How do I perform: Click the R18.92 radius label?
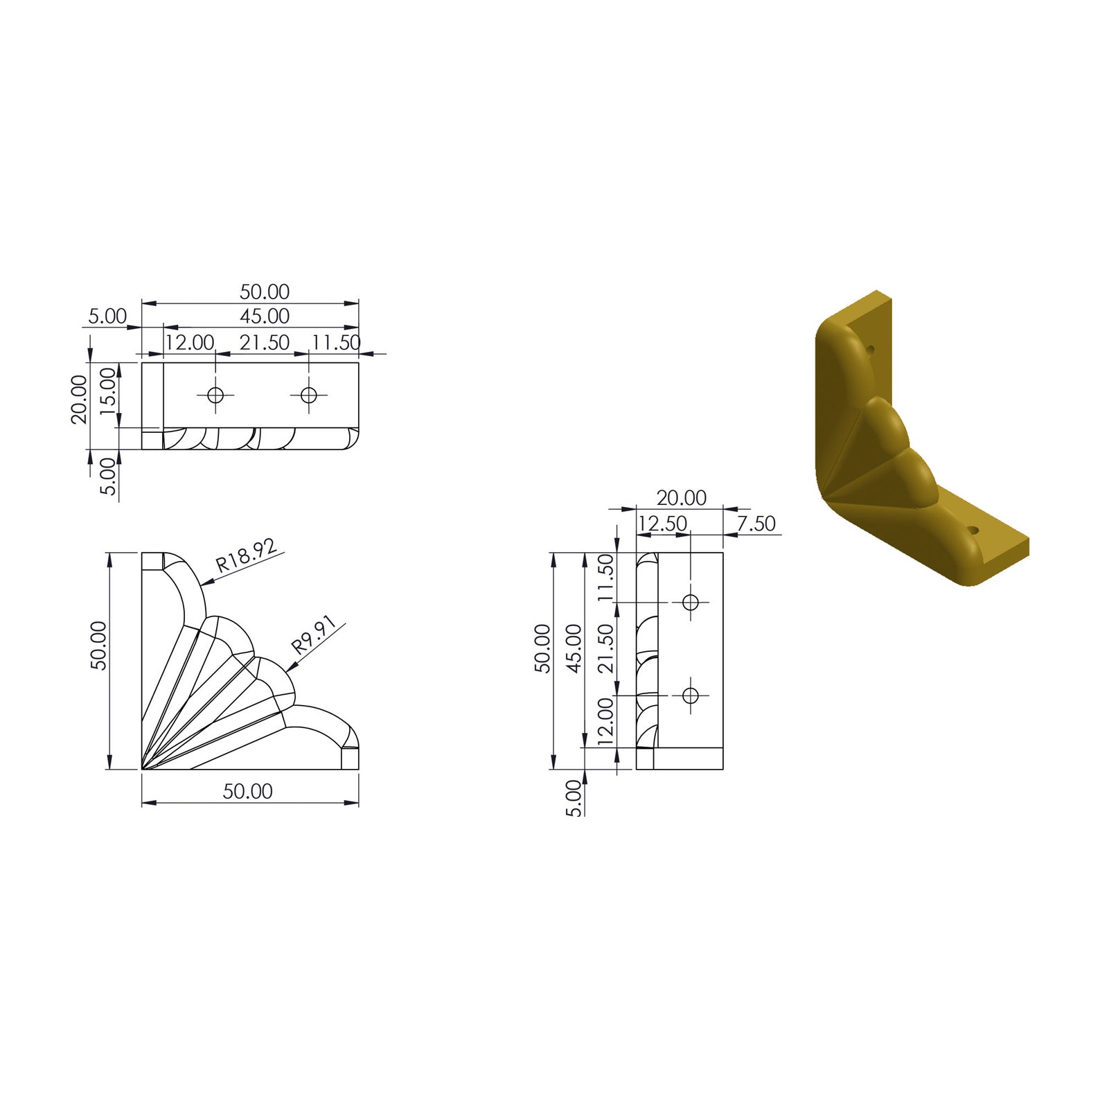247,555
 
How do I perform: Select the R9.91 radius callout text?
314,636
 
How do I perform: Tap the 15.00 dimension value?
108,391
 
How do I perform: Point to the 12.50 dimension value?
662,524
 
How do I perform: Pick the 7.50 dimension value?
756,524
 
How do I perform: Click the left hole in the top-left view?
215,396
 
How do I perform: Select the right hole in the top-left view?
308,396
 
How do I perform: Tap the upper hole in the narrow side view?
690,602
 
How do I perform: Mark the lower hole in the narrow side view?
690,695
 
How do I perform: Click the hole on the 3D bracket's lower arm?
974,530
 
